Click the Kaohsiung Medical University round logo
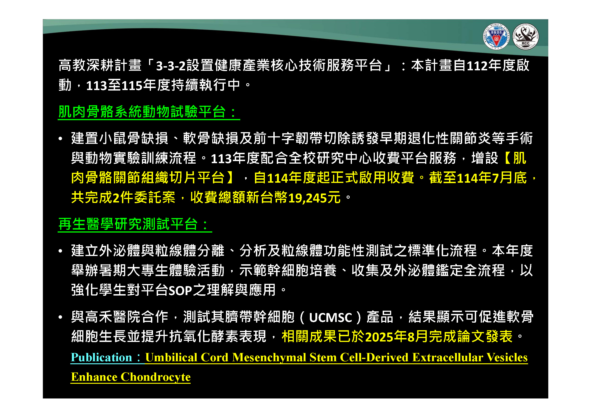pyautogui.click(x=496, y=37)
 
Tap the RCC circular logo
pyautogui.click(x=525, y=37)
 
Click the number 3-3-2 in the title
pyautogui.click(x=171, y=65)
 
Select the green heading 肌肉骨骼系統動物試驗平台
pyautogui.click(x=142, y=112)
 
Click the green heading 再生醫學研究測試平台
pyautogui.click(x=128, y=224)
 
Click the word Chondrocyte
pyautogui.click(x=156, y=377)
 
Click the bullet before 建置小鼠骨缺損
pyautogui.click(x=60, y=139)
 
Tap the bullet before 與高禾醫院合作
pyautogui.click(x=60, y=317)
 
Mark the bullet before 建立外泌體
pyautogui.click(x=60, y=251)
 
